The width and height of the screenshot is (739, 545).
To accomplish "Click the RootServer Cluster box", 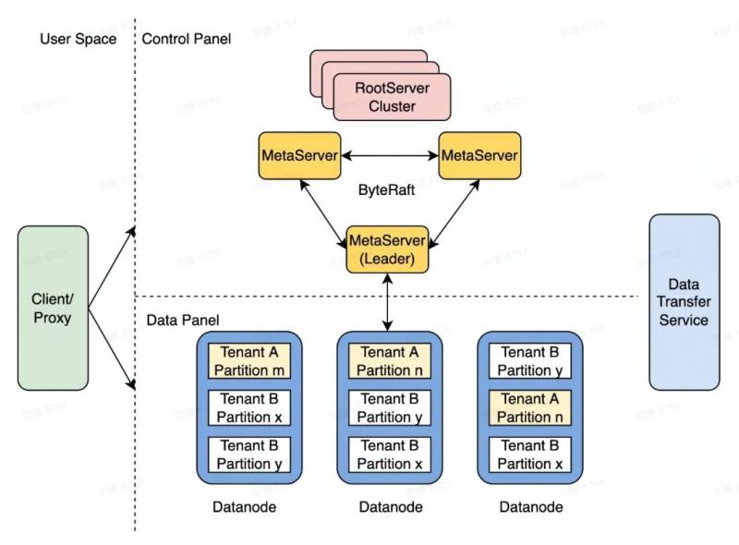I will [392, 96].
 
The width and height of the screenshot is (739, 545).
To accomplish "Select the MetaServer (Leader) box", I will [388, 249].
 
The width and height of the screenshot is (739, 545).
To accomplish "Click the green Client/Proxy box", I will [53, 308].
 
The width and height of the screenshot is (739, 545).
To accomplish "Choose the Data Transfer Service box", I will [684, 302].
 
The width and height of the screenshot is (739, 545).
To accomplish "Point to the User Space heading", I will [79, 39].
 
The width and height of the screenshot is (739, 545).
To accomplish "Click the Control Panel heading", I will [187, 39].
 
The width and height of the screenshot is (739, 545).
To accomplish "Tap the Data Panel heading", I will [183, 321].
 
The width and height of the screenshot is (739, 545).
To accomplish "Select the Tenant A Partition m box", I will [249, 361].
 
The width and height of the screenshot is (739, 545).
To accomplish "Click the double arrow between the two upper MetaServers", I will [389, 154].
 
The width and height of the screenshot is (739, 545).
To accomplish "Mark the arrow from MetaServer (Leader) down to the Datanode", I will [388, 302].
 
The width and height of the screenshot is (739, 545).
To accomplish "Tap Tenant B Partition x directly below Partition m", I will [249, 408].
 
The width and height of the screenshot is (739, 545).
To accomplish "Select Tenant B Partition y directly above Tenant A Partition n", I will [529, 361].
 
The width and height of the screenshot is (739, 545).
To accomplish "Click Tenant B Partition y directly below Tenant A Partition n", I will [389, 408].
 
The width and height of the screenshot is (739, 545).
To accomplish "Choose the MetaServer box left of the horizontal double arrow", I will [298, 154].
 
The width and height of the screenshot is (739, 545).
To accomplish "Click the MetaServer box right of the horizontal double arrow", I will [479, 154].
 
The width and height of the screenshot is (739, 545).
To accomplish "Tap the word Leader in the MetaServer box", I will [388, 260].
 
